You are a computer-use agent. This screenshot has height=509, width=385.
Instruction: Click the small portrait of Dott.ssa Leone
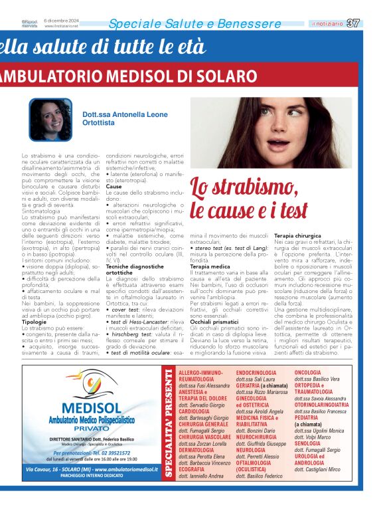tap(50, 120)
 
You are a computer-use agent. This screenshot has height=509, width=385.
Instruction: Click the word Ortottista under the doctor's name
tap(98, 124)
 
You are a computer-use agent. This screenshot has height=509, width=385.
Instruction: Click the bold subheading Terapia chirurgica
tap(298, 236)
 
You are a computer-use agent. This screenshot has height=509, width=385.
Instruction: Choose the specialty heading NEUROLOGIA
tap(255, 449)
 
